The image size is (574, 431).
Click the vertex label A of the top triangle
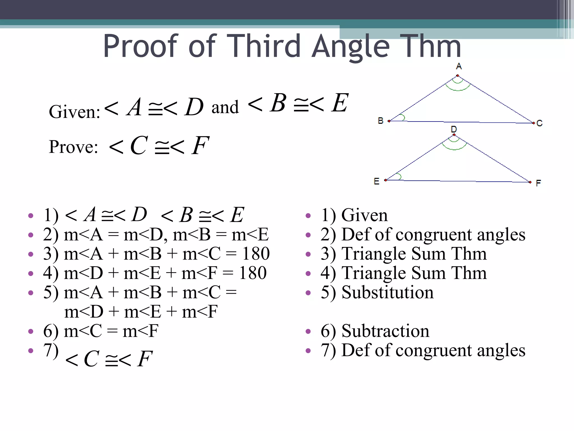[459, 66]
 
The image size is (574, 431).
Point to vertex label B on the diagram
[380, 121]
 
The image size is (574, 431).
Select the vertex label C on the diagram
[540, 123]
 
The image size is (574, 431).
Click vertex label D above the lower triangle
[454, 129]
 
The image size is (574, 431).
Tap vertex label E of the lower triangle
[376, 181]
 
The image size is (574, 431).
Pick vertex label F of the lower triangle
[538, 183]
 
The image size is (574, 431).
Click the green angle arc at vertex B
[403, 117]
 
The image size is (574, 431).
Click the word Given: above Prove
[75, 112]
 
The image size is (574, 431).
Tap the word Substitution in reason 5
[387, 292]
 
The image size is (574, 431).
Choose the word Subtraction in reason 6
[385, 331]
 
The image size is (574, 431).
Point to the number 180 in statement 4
[253, 273]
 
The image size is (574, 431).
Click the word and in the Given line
[225, 107]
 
